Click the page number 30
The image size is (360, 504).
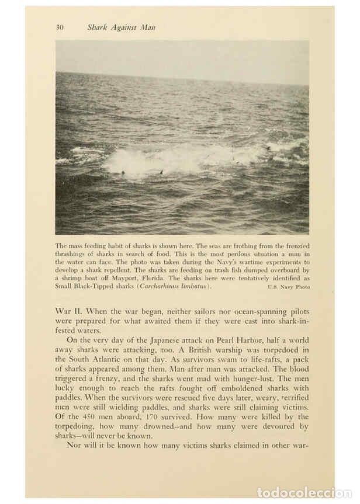pyautogui.click(x=60, y=27)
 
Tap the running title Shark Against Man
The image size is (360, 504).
pyautogui.click(x=122, y=27)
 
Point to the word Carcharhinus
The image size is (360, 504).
pyautogui.click(x=161, y=287)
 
